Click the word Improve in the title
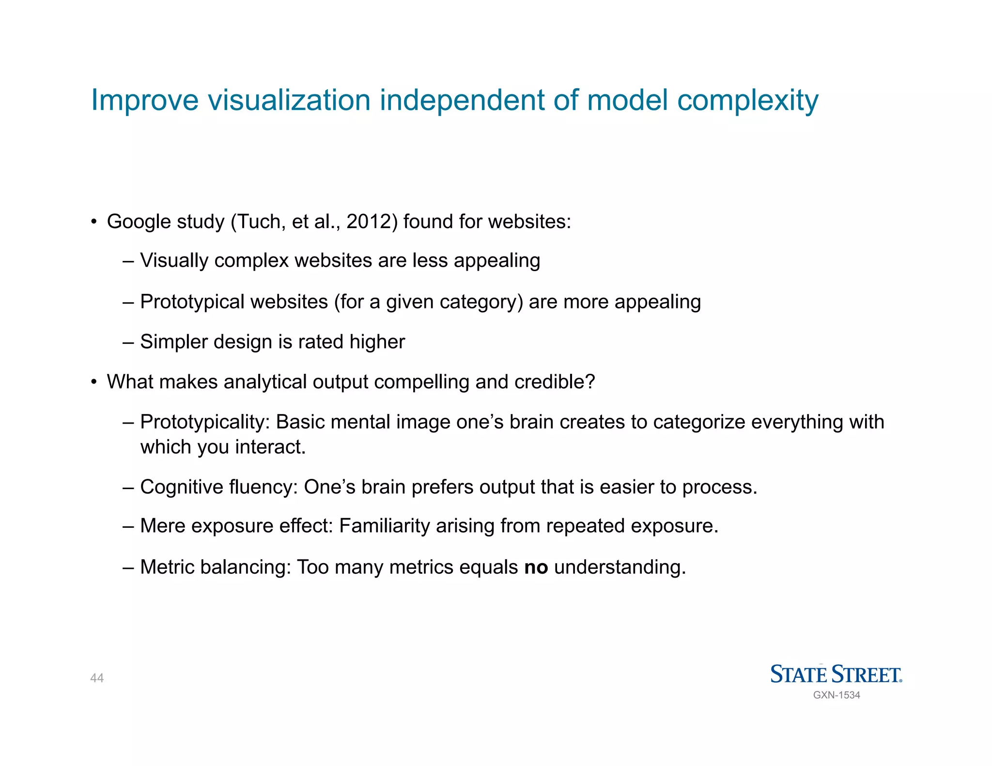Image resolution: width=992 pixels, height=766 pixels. [145, 100]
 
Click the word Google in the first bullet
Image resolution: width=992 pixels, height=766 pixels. [139, 222]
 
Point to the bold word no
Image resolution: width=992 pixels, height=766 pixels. [536, 567]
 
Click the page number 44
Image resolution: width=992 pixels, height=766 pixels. [97, 678]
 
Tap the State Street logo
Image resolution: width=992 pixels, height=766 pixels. [836, 674]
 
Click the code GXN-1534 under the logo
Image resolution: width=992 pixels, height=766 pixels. [837, 695]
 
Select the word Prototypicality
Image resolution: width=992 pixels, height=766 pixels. [204, 422]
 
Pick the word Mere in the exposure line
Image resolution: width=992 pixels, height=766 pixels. [162, 526]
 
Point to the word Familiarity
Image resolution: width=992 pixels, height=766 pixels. [384, 526]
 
